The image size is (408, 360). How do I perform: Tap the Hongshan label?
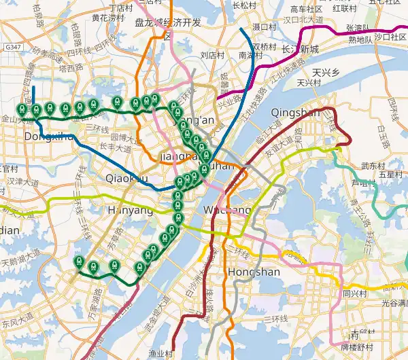coord(255,272)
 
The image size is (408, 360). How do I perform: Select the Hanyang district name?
coord(130,211)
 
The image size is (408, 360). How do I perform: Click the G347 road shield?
coord(12,48)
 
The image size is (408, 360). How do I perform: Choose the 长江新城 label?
coord(300,49)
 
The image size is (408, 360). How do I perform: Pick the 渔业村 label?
coord(161,353)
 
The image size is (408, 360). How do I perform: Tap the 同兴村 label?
coord(355,294)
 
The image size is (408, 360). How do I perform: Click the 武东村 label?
coord(373,166)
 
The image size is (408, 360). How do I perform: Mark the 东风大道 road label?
coord(16,319)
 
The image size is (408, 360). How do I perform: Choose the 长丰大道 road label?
coord(116,146)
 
